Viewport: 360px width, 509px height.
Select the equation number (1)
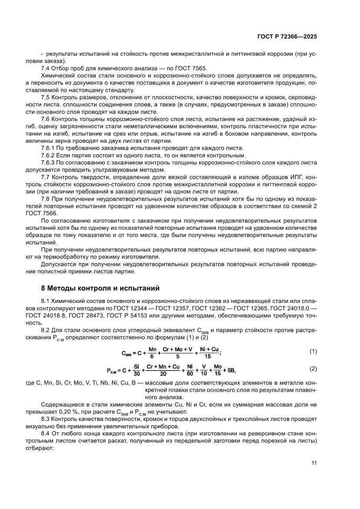(313, 351)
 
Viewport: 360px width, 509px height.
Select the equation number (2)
(313, 369)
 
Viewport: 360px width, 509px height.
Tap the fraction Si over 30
(137, 370)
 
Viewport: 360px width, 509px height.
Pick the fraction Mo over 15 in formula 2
(218, 370)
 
